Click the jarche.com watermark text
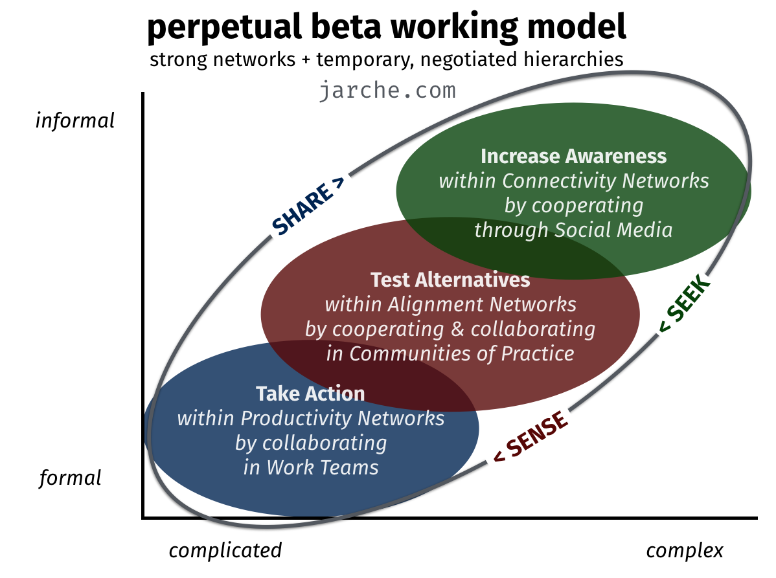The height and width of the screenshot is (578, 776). pyautogui.click(x=387, y=91)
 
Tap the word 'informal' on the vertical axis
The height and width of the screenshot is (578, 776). pyautogui.click(x=75, y=120)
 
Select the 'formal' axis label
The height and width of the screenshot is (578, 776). pyautogui.click(x=70, y=478)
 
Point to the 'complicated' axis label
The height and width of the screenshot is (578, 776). pyautogui.click(x=225, y=550)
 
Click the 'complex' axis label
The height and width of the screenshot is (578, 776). pyautogui.click(x=685, y=550)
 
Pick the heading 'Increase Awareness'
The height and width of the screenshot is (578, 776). pyautogui.click(x=574, y=156)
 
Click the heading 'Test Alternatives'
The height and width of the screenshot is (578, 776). pyautogui.click(x=450, y=280)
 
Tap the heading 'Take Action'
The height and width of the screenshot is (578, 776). pyautogui.click(x=310, y=394)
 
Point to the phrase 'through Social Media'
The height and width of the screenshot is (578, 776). pyautogui.click(x=574, y=230)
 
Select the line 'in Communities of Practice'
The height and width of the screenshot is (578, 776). pyautogui.click(x=450, y=353)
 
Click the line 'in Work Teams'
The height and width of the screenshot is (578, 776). pyautogui.click(x=311, y=467)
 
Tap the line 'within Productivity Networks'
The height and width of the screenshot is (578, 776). pyautogui.click(x=311, y=418)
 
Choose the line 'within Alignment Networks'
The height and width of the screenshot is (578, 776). pyautogui.click(x=450, y=305)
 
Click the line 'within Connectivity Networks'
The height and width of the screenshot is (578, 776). pyautogui.click(x=574, y=181)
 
